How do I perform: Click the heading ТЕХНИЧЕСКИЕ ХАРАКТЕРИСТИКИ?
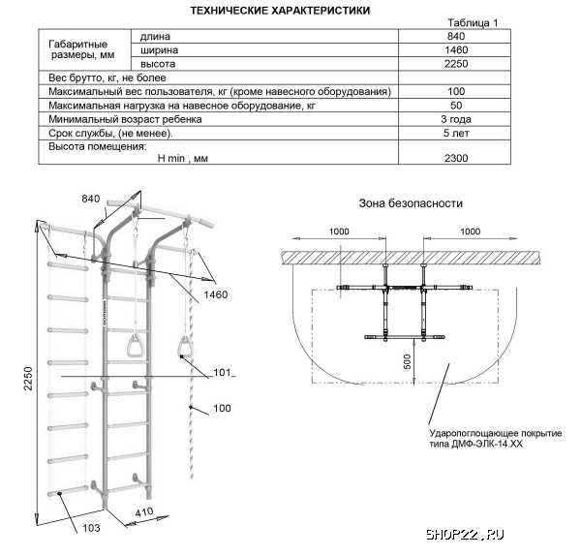click(x=279, y=10)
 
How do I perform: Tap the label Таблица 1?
click(x=474, y=23)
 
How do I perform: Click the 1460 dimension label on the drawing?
click(x=215, y=293)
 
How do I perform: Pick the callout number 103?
click(x=90, y=528)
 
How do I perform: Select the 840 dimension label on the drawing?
click(x=91, y=200)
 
